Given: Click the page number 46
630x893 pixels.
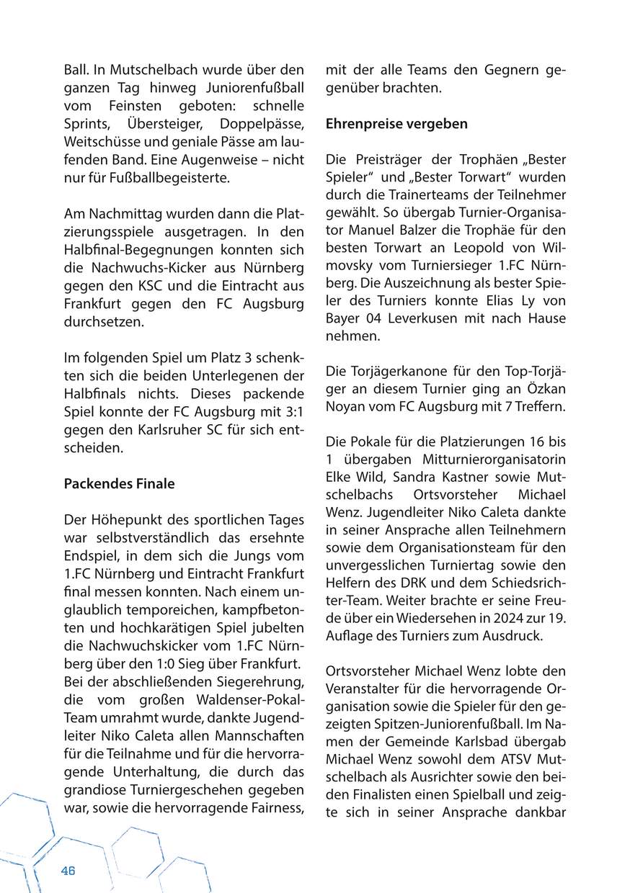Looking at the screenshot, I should pos(68,870).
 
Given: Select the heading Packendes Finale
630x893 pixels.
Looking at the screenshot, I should pos(119,484).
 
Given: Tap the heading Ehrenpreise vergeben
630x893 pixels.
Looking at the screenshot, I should pos(396,123).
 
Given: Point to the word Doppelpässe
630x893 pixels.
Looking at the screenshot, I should pos(262,122).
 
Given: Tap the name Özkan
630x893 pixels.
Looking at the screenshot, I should pos(546,389).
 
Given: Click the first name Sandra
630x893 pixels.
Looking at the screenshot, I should pos(409,477).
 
